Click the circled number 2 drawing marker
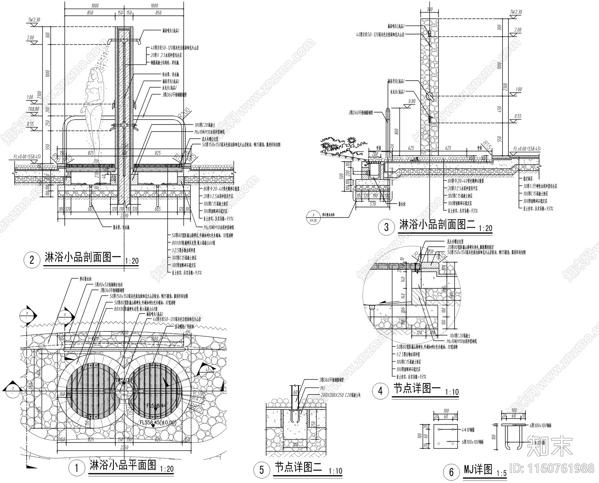[x=32, y=259]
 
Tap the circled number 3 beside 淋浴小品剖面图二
[x=387, y=226]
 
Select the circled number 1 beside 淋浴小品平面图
[x=77, y=468]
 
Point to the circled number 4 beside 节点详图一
[x=381, y=391]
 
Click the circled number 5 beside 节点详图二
[x=262, y=469]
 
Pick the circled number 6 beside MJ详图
[x=451, y=472]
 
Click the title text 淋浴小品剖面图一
[x=83, y=258]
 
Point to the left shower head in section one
[x=110, y=41]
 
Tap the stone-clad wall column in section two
[x=429, y=86]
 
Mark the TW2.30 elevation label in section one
[x=34, y=19]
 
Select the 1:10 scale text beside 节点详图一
[x=452, y=392]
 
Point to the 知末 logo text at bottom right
[x=549, y=446]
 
